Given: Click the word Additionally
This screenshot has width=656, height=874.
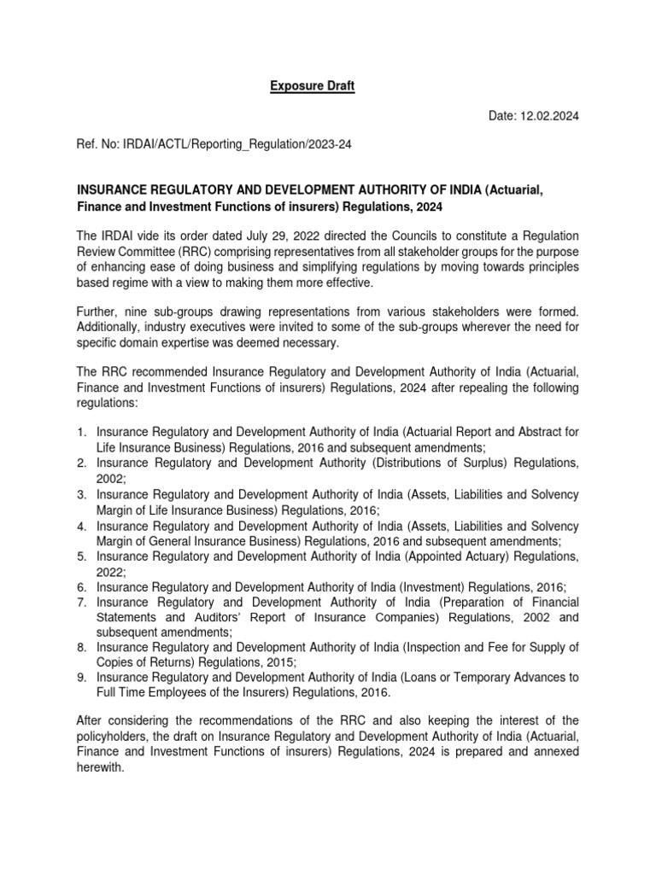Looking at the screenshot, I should [x=108, y=325].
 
